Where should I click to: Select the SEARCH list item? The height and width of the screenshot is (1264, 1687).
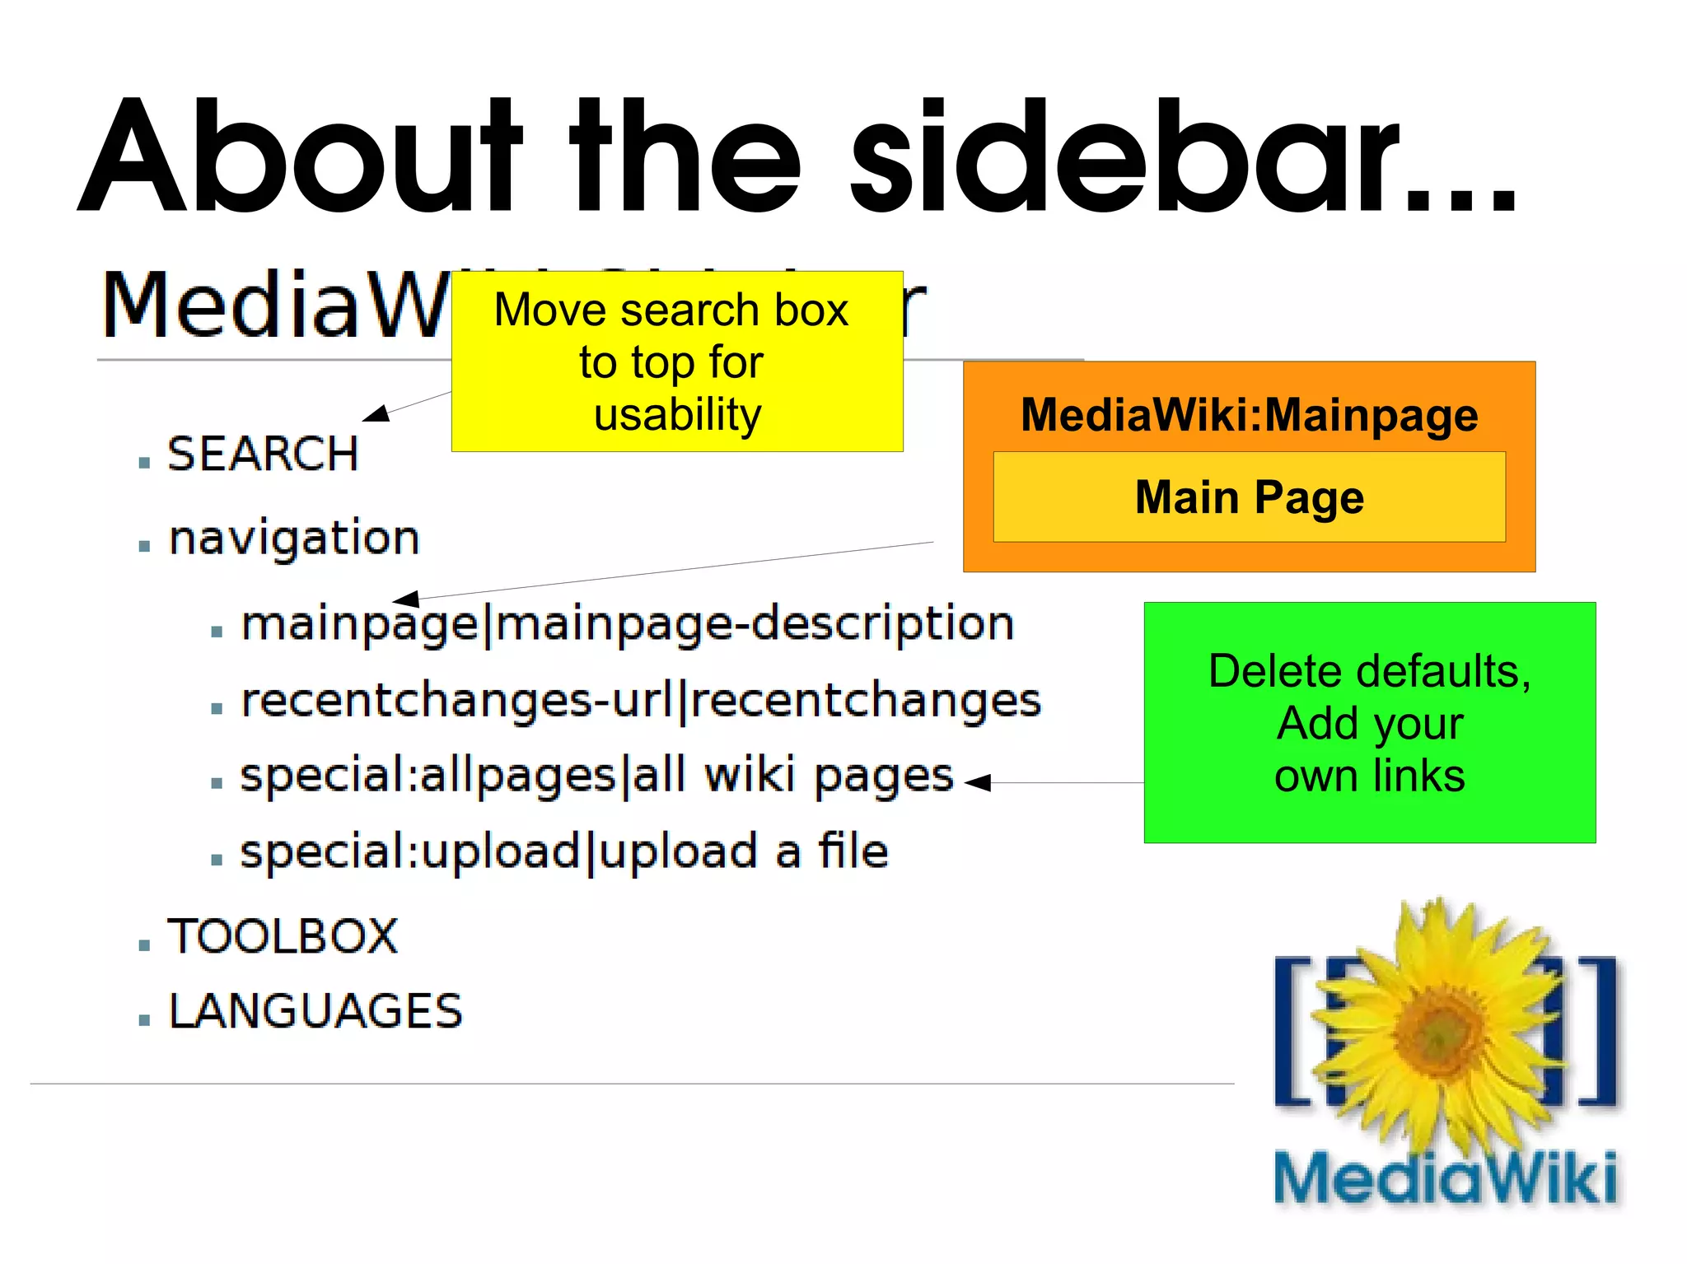click(263, 454)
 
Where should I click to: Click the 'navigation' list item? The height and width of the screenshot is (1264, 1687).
click(294, 539)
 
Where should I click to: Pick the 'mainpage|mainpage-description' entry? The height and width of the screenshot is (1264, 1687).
click(627, 624)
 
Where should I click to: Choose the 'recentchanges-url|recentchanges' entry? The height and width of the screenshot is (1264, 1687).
click(640, 701)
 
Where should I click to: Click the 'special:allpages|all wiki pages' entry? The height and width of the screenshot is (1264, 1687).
click(596, 777)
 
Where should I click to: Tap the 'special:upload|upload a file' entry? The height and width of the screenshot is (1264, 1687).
click(564, 852)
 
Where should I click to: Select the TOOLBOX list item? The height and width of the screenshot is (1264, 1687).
click(283, 936)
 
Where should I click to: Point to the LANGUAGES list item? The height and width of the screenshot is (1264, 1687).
click(315, 1011)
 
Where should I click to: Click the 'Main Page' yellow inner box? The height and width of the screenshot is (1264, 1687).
click(1249, 497)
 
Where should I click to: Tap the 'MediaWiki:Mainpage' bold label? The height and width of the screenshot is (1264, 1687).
click(1249, 414)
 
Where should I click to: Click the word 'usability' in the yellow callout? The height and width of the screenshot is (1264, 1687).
click(677, 414)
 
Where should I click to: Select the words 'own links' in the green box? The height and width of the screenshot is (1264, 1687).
click(1369, 776)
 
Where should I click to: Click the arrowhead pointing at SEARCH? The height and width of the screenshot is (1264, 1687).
click(376, 413)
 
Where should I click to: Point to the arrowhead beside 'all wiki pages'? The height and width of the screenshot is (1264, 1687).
click(978, 782)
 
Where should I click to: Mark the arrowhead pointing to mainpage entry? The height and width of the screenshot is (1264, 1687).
click(405, 599)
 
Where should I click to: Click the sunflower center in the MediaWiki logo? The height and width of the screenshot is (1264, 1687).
click(1440, 1033)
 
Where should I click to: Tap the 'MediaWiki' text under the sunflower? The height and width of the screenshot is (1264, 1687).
click(1445, 1178)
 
